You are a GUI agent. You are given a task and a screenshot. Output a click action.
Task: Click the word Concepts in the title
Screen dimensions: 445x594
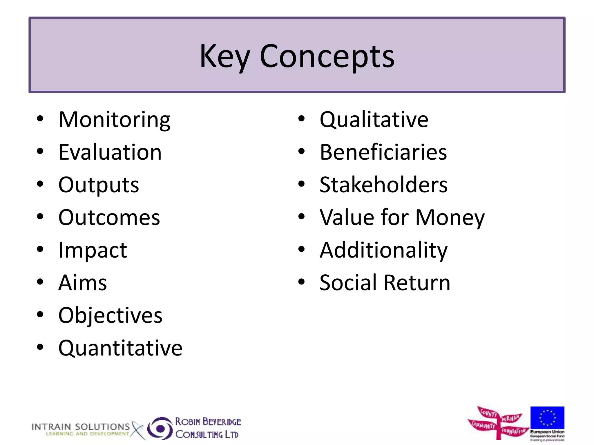pyautogui.click(x=327, y=56)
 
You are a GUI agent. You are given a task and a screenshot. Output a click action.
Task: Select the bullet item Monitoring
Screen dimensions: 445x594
pyautogui.click(x=114, y=120)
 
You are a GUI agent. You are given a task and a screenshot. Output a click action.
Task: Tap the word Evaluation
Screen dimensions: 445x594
pyautogui.click(x=110, y=152)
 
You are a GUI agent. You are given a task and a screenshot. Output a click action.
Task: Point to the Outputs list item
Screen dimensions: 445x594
pyautogui.click(x=99, y=185)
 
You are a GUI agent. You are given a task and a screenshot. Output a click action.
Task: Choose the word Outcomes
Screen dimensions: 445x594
pyautogui.click(x=109, y=218)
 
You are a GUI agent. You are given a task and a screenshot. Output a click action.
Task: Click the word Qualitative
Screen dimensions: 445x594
pyautogui.click(x=374, y=120)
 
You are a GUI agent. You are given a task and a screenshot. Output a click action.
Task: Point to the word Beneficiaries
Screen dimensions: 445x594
pyautogui.click(x=383, y=152)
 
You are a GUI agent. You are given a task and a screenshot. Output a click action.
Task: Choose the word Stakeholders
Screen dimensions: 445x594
pyautogui.click(x=383, y=185)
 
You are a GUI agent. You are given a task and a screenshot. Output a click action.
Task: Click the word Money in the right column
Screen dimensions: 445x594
pyautogui.click(x=450, y=218)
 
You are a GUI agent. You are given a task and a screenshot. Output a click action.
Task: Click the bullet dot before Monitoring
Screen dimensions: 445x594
pyautogui.click(x=40, y=118)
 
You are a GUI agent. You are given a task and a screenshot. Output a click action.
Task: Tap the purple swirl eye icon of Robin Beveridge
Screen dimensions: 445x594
pyautogui.click(x=160, y=428)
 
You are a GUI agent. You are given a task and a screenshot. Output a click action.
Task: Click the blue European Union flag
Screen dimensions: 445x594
pyautogui.click(x=547, y=417)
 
